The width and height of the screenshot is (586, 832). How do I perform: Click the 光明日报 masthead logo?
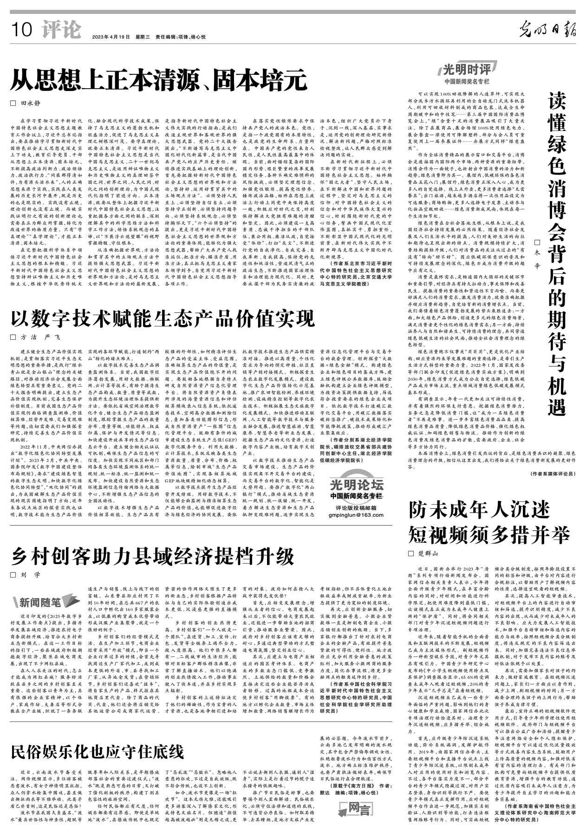(x=548, y=30)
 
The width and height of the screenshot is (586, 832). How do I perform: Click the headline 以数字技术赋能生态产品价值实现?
(x=163, y=318)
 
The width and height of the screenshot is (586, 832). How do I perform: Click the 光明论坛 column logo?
(x=356, y=485)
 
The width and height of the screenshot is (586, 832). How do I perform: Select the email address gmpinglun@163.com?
(x=356, y=515)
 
